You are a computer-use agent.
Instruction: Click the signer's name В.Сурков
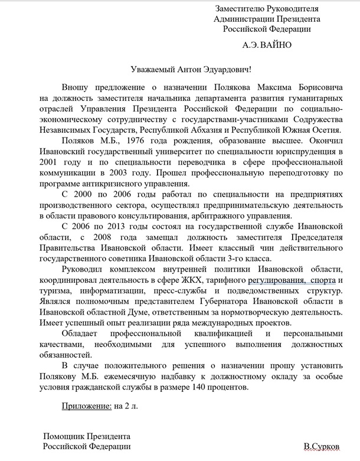322,447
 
